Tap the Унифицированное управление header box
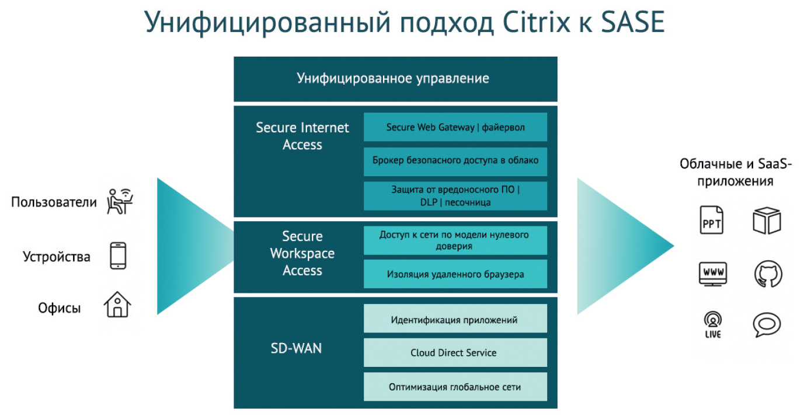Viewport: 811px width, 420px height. tap(395, 78)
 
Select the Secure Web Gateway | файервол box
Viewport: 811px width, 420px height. tap(455, 127)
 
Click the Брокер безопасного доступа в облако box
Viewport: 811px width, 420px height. tap(455, 160)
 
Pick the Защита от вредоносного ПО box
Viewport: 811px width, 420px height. tap(455, 196)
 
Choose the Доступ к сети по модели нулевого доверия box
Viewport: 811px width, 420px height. tap(455, 240)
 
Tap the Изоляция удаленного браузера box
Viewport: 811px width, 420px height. tap(455, 274)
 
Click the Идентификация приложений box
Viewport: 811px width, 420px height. tap(455, 319)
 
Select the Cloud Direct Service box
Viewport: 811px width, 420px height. tap(455, 352)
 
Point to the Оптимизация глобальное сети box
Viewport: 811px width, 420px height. tap(455, 387)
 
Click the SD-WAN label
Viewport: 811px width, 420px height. tap(296, 349)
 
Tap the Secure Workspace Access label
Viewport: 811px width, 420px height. tap(302, 253)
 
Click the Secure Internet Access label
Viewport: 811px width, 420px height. tap(302, 136)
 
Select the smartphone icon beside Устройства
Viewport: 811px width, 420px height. tap(118, 256)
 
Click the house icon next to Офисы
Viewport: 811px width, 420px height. tap(117, 305)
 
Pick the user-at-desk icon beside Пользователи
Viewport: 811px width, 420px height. tap(120, 201)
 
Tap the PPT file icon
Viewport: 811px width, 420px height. tap(712, 220)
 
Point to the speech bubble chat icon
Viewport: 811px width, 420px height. tap(767, 325)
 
